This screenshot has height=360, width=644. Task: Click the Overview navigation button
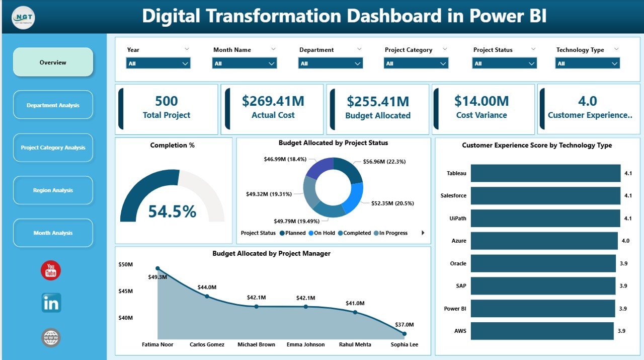(x=53, y=62)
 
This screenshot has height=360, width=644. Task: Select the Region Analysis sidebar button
(x=53, y=190)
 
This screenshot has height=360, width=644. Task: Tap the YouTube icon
(x=51, y=270)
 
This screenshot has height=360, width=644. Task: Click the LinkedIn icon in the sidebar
(x=51, y=303)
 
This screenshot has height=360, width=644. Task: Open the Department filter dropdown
(x=330, y=63)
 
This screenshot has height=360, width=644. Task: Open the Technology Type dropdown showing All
(x=587, y=63)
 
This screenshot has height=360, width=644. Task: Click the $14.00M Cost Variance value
(x=481, y=101)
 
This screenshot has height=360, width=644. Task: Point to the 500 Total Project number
(x=166, y=101)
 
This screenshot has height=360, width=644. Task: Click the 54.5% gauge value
(x=172, y=211)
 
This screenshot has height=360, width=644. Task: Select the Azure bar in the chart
(x=543, y=241)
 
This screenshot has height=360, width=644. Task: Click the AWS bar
(x=542, y=331)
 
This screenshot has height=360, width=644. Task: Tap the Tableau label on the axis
(x=456, y=173)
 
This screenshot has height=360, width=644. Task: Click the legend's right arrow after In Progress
(x=423, y=233)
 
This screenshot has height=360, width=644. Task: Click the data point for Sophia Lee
(x=405, y=333)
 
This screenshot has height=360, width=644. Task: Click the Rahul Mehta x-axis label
(x=355, y=345)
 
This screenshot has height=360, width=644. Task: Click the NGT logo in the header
(x=23, y=17)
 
